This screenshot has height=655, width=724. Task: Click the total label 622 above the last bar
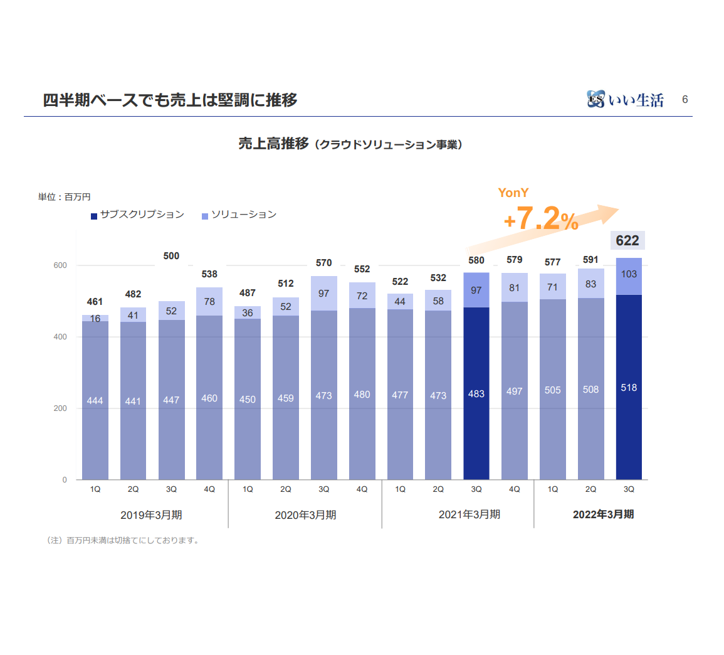pyautogui.click(x=627, y=240)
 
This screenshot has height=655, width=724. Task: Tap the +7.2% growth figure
pyautogui.click(x=540, y=220)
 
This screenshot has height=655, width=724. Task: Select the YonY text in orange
pyautogui.click(x=513, y=193)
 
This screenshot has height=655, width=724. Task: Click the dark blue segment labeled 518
pyautogui.click(x=629, y=387)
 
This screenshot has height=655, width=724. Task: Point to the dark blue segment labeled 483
pyautogui.click(x=476, y=393)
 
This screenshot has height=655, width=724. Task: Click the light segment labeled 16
pyautogui.click(x=95, y=318)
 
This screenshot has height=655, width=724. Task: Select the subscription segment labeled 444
pyautogui.click(x=95, y=400)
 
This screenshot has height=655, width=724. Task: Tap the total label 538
pyautogui.click(x=209, y=274)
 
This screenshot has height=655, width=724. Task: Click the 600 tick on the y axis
pyautogui.click(x=60, y=265)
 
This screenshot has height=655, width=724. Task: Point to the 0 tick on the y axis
pyautogui.click(x=64, y=480)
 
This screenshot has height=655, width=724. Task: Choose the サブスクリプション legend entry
pyautogui.click(x=138, y=215)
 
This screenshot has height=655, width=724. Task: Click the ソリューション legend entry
pyautogui.click(x=239, y=215)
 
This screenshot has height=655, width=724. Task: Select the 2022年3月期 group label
pyautogui.click(x=603, y=514)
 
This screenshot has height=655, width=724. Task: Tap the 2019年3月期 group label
pyautogui.click(x=151, y=515)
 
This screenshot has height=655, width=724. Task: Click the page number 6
pyautogui.click(x=685, y=99)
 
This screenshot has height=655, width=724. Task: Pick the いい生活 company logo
pyautogui.click(x=626, y=99)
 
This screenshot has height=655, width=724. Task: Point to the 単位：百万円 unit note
pyautogui.click(x=64, y=197)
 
